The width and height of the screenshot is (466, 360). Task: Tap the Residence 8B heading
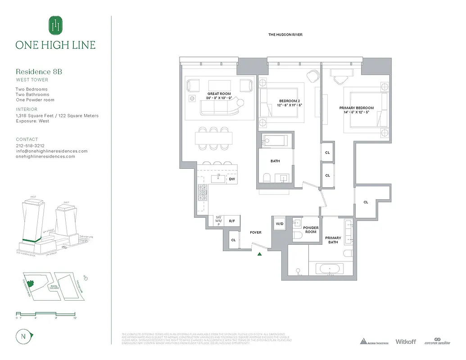[39, 72]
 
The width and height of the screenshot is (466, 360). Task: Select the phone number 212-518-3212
[30, 146]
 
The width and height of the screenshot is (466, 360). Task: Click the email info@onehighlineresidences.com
[52, 151]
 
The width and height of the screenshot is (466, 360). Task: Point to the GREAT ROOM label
[219, 94]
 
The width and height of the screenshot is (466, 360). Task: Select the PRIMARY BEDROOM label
[357, 108]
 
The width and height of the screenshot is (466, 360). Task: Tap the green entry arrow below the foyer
[259, 254]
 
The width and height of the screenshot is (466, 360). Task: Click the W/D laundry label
[279, 223]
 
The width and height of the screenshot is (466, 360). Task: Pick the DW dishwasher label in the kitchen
[232, 179]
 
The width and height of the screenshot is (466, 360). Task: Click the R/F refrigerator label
[232, 221]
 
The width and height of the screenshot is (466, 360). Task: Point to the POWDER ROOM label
[311, 230]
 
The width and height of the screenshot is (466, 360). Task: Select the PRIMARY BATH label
[333, 240]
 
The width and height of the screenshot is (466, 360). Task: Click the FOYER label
[255, 233]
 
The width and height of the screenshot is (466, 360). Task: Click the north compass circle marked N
[23, 336]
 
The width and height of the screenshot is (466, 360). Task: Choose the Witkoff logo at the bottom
[405, 342]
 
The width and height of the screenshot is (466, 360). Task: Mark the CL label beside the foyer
[233, 240]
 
